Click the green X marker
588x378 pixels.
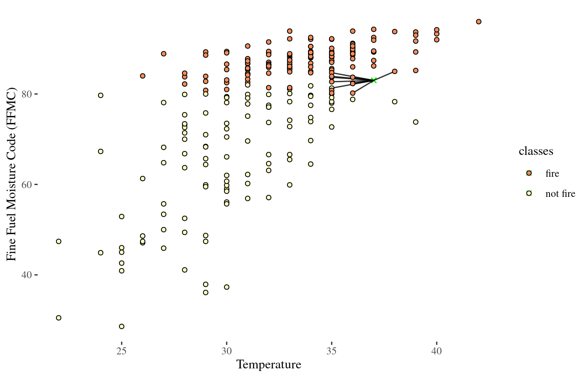(374, 80)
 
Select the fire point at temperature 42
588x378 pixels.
(479, 21)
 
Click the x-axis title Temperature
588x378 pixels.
(269, 364)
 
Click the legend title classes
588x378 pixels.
(536, 151)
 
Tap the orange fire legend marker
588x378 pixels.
(529, 173)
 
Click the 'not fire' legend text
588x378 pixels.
(560, 194)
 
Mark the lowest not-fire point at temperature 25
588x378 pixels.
(122, 326)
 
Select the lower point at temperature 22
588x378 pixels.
(59, 318)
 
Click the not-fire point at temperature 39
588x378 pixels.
(416, 122)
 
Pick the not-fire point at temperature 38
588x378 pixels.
(395, 101)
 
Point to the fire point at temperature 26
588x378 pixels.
(143, 76)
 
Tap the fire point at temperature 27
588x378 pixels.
(164, 54)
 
